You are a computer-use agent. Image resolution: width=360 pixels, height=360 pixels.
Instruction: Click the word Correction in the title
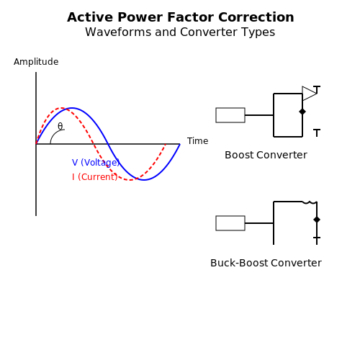tap(256, 17)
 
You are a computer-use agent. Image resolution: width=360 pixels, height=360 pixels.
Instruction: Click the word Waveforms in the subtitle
tap(118, 32)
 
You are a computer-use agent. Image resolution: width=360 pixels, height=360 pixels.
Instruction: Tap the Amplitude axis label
tap(36, 62)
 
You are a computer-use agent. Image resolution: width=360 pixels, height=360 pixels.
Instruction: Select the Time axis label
tap(197, 141)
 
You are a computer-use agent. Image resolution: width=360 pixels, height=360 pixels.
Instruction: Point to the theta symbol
tap(60, 126)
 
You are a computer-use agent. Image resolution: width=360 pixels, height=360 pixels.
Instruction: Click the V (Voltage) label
tap(96, 163)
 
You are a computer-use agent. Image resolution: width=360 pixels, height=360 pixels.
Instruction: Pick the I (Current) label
tap(95, 177)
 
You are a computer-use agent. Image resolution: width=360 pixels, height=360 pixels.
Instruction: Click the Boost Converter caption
tap(266, 155)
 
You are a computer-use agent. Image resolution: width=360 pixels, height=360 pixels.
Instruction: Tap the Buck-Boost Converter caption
tap(266, 263)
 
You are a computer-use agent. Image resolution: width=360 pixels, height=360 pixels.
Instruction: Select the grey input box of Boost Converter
tap(230, 115)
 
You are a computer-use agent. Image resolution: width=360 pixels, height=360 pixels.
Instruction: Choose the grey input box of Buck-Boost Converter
tap(230, 223)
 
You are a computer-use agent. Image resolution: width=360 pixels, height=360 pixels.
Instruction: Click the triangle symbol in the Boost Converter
tap(310, 94)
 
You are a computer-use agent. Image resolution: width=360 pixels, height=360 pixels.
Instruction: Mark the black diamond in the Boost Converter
tap(302, 112)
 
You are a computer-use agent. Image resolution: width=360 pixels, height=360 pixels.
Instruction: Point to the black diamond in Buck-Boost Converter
tap(317, 220)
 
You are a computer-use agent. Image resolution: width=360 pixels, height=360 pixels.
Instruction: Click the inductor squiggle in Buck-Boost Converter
tap(310, 202)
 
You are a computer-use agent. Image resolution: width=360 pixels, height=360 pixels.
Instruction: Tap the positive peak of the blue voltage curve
tap(72, 108)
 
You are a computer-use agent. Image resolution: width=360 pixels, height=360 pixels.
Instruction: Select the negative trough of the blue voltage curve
tap(144, 180)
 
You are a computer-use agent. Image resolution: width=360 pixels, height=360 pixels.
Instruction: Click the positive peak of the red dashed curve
tap(63, 108)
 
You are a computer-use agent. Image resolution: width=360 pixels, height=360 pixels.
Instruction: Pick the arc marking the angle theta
tap(53, 134)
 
